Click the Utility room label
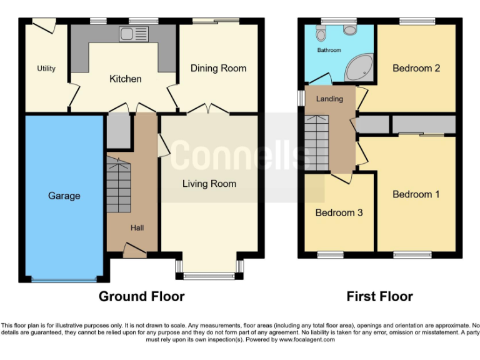point(46,68)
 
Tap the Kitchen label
point(126,79)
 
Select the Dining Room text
point(218,68)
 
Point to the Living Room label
point(209,183)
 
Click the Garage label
point(64,196)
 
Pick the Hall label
point(136,227)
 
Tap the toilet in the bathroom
point(321,33)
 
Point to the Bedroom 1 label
point(416,194)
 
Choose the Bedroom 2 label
point(416,68)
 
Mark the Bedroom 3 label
point(338,212)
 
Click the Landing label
point(329,99)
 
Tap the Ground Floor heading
point(141,296)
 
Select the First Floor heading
point(380,296)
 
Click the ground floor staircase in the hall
point(119,184)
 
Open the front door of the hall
point(134,252)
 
